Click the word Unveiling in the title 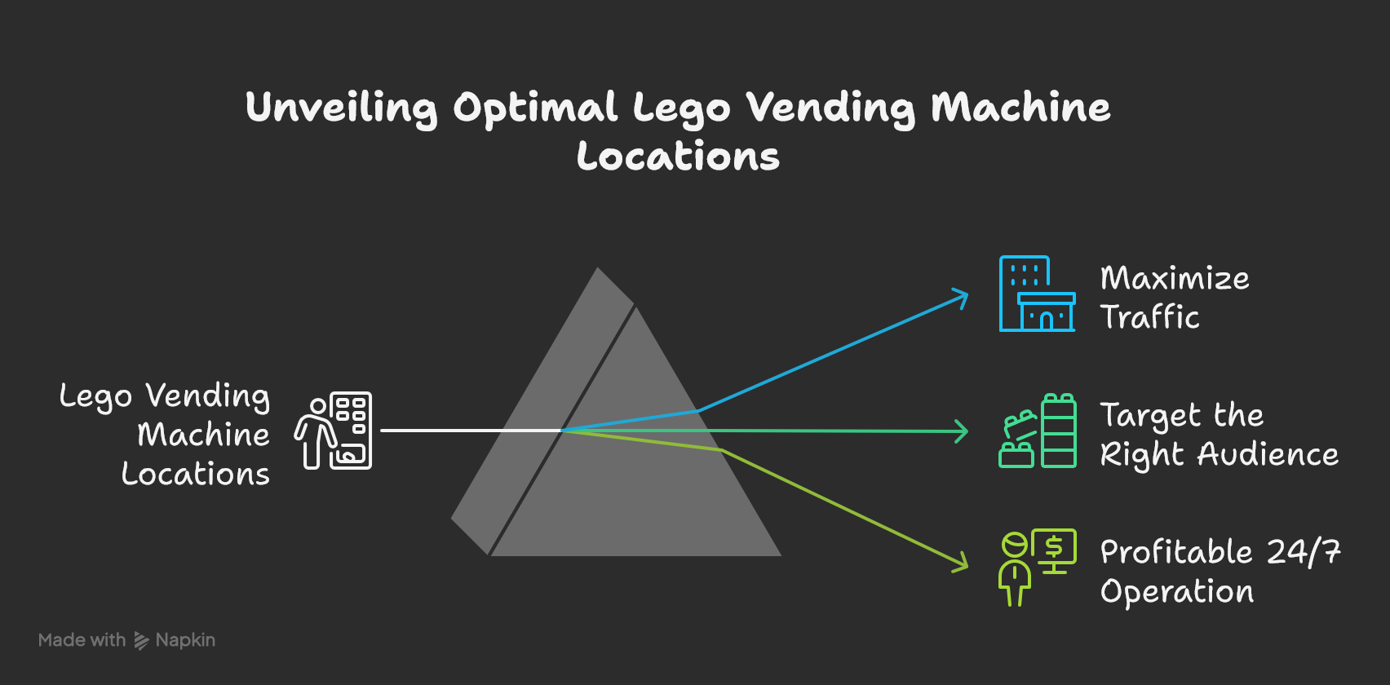pos(341,108)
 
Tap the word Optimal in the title pos(535,108)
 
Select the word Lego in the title pos(680,108)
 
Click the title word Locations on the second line pos(678,157)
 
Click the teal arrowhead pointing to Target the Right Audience pos(963,431)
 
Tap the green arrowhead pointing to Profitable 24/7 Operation pos(961,563)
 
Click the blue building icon pos(1037,294)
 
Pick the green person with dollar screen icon pos(1037,567)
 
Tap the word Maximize pos(1175,279)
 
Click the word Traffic pos(1150,317)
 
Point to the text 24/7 pos(1304,552)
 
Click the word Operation pos(1177,592)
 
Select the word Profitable pos(1175,552)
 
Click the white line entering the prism pos(469,431)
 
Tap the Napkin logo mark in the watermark pos(141,641)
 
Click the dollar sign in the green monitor pos(1054,546)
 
